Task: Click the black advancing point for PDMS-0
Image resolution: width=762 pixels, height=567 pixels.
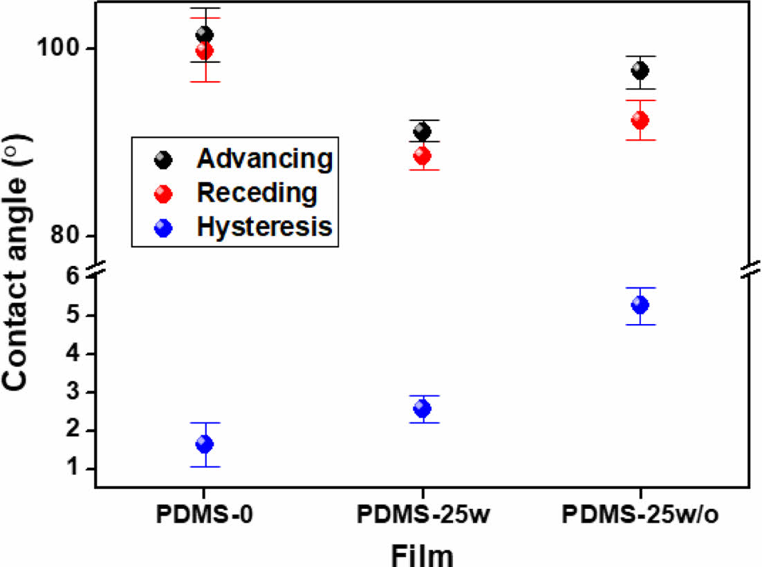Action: click(x=204, y=35)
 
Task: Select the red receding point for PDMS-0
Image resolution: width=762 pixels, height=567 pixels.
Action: click(x=204, y=50)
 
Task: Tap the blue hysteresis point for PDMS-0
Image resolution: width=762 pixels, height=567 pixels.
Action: click(x=204, y=443)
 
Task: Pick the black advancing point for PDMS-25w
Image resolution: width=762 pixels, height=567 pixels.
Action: click(x=422, y=131)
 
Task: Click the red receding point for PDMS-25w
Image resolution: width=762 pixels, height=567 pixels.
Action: click(x=422, y=156)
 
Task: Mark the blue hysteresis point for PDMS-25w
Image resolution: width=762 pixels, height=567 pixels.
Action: click(x=422, y=408)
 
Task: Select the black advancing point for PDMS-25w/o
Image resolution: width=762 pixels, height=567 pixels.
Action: click(x=640, y=71)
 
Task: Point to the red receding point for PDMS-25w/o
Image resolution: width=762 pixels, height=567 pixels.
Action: click(x=640, y=120)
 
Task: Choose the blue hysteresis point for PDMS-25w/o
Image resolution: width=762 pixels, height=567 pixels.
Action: click(x=640, y=305)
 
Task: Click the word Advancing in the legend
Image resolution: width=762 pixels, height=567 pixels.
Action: click(x=264, y=159)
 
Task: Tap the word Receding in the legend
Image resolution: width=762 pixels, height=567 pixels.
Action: click(x=257, y=192)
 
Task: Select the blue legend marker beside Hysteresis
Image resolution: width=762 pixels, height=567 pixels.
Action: click(x=163, y=227)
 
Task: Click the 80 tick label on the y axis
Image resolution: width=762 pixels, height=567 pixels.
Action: click(x=64, y=235)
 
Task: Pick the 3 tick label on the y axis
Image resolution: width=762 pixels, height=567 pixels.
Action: click(x=73, y=391)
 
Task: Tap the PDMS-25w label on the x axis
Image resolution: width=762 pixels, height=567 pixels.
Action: click(x=423, y=514)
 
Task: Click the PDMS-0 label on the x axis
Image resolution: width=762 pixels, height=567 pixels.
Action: click(x=204, y=514)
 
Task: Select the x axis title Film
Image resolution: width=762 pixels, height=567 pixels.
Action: click(x=422, y=555)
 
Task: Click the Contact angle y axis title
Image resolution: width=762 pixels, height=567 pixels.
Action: click(x=15, y=263)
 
